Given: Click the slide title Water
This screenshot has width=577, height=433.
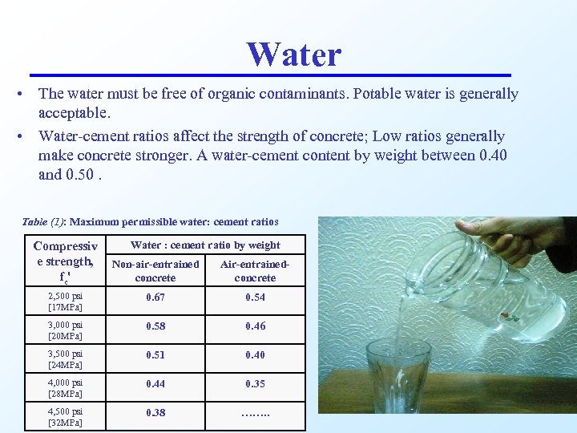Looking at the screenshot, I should pyautogui.click(x=294, y=55).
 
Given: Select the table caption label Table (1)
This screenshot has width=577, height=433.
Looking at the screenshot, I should pyautogui.click(x=43, y=221).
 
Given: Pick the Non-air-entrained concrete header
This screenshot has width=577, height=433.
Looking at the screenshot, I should pyautogui.click(x=155, y=271).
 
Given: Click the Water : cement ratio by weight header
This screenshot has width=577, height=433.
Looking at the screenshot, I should pyautogui.click(x=205, y=245).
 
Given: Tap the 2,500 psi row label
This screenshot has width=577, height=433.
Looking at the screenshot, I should pyautogui.click(x=65, y=301).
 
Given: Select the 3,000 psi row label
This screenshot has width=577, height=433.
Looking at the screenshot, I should pyautogui.click(x=65, y=330).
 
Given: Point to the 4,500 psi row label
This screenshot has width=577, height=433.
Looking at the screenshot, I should pyautogui.click(x=65, y=416).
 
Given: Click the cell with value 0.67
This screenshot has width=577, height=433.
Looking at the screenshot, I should pyautogui.click(x=155, y=297).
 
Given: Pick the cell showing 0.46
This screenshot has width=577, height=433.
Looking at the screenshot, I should pyautogui.click(x=255, y=326).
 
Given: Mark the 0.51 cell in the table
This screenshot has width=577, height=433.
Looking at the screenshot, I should pyautogui.click(x=155, y=355).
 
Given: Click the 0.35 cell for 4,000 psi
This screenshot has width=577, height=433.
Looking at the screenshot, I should pyautogui.click(x=255, y=384).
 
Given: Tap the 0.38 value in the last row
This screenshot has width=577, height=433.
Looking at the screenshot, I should pyautogui.click(x=155, y=413).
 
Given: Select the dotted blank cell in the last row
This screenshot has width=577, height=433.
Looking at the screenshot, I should pyautogui.click(x=255, y=413).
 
